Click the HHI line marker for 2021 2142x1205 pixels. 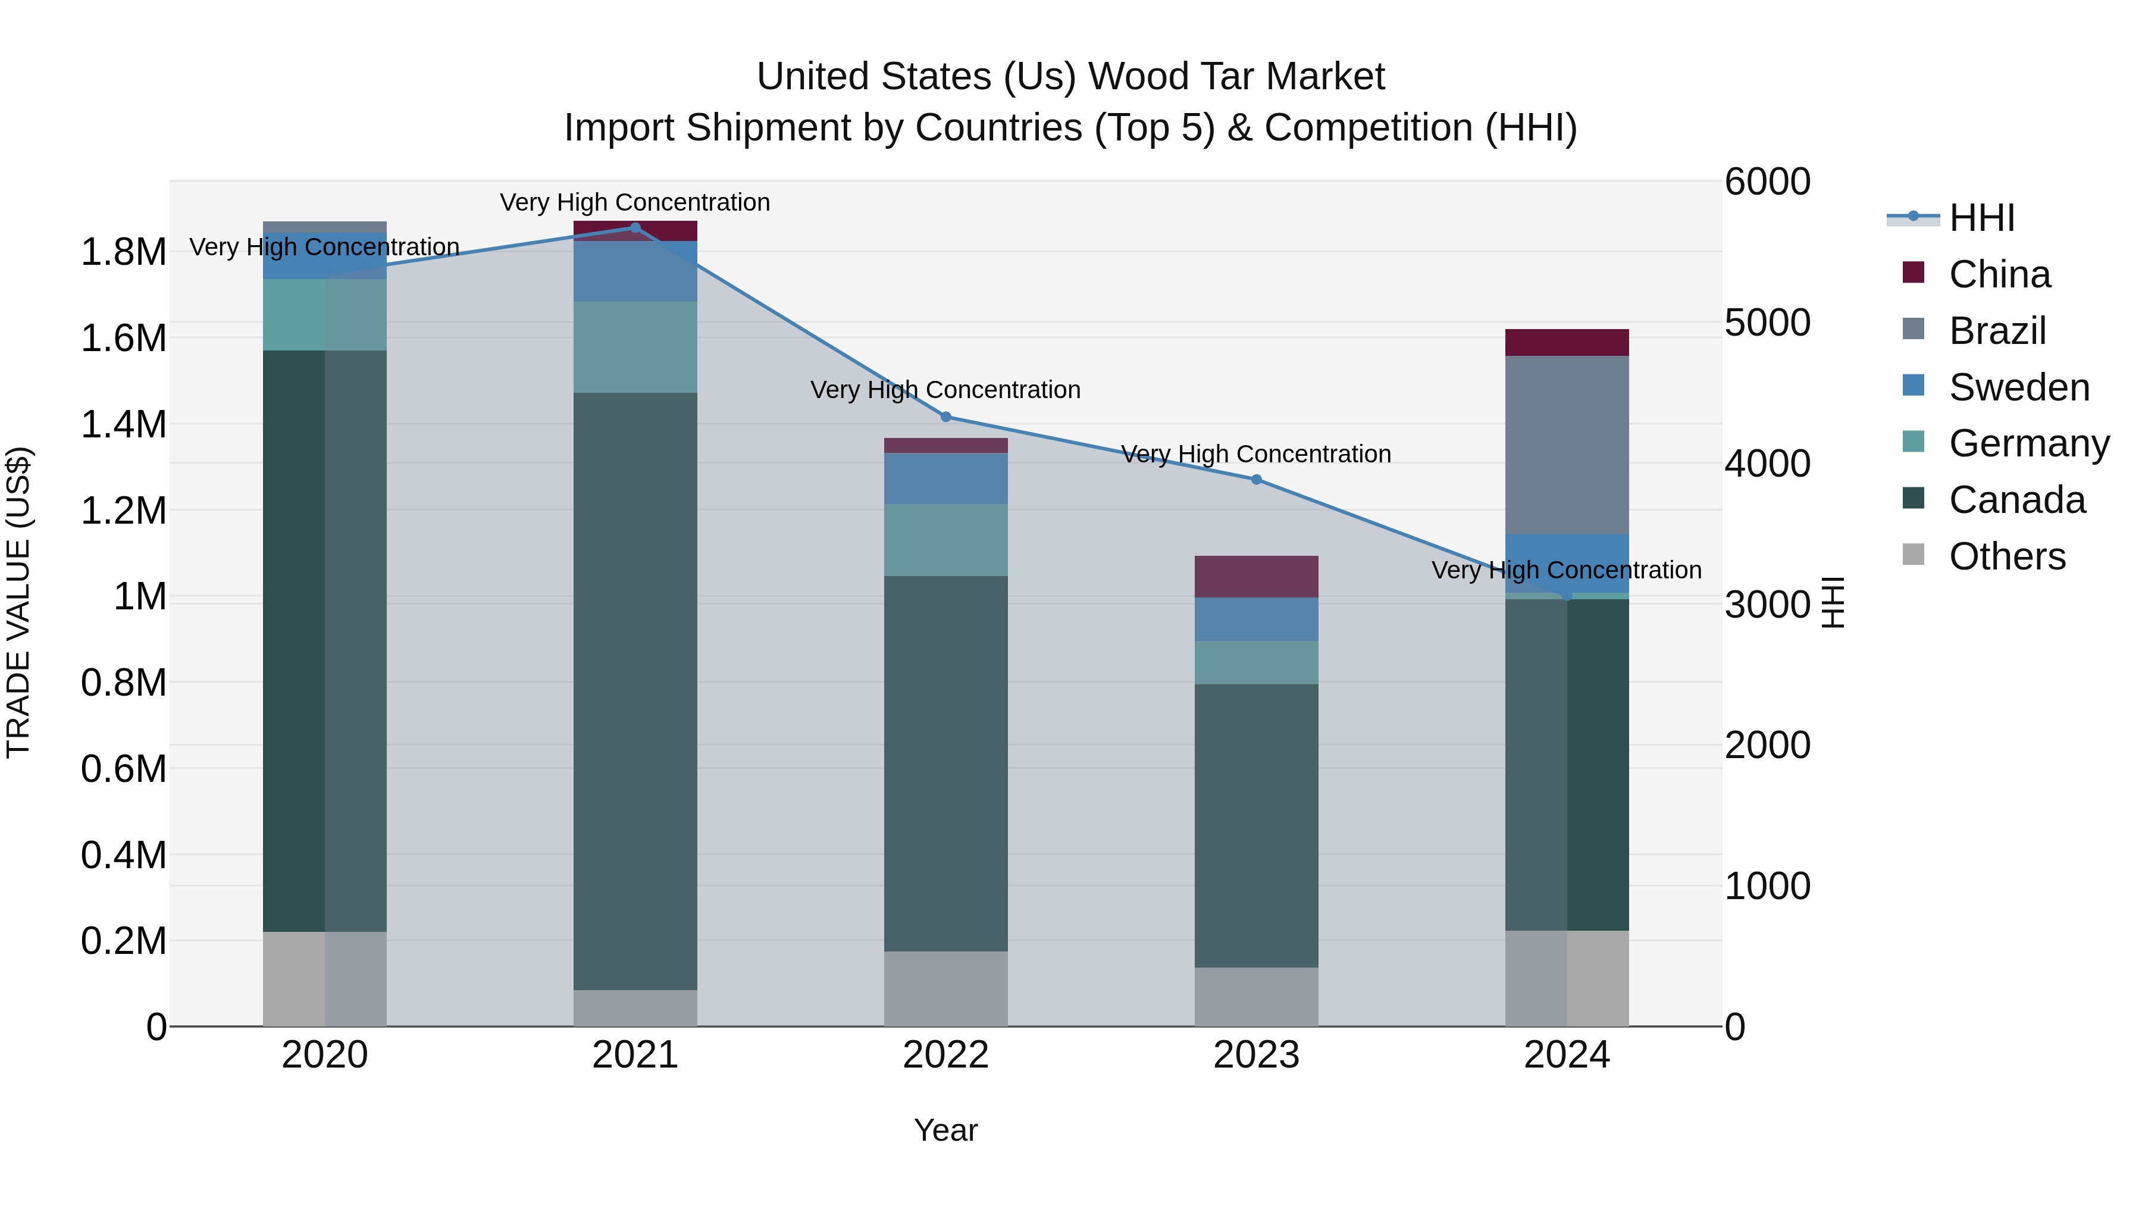tap(635, 227)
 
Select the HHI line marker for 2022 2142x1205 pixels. tap(945, 417)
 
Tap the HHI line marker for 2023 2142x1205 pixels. tap(1257, 480)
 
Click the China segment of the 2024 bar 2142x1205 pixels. tap(1567, 343)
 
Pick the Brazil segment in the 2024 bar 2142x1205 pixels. tap(1567, 445)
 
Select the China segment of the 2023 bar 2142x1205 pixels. tap(1257, 576)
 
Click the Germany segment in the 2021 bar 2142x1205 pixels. tap(635, 347)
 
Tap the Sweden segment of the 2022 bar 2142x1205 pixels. tap(945, 478)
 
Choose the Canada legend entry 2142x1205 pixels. tap(2016, 500)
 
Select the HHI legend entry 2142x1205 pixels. tap(1981, 218)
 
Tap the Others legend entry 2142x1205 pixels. tap(2006, 556)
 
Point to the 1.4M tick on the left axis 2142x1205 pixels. tap(123, 424)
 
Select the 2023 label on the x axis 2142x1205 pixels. tap(1257, 1055)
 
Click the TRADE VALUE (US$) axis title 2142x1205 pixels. tap(18, 602)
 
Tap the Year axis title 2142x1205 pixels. tap(945, 1130)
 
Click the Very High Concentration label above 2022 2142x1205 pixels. tap(945, 389)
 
